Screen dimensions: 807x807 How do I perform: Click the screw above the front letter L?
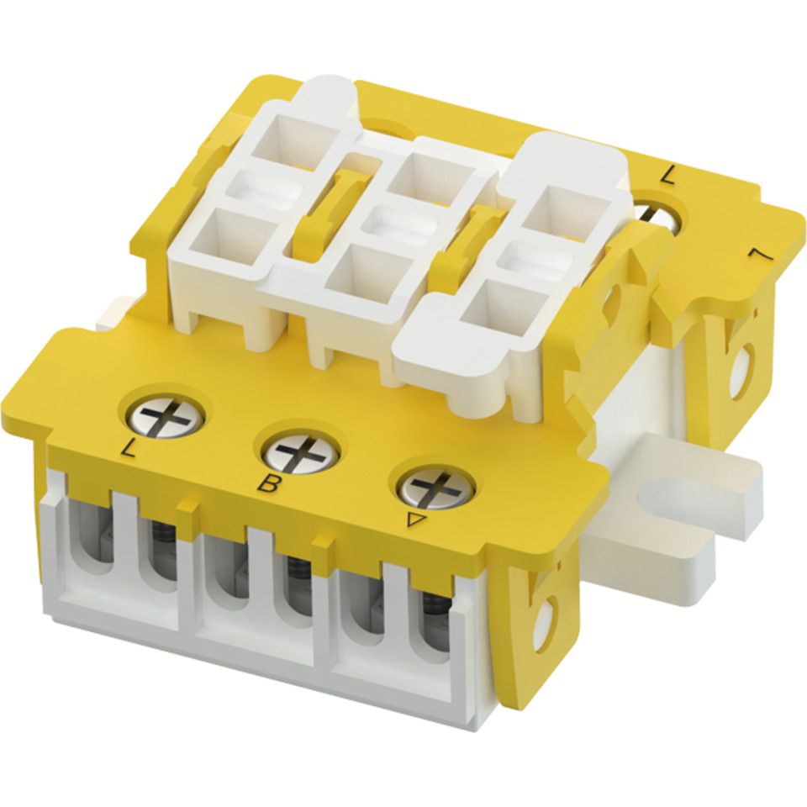tap(162, 416)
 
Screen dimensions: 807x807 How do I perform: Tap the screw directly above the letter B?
tap(300, 451)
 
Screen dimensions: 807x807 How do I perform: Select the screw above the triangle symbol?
tap(436, 487)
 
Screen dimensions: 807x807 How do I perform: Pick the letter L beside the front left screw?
tap(127, 448)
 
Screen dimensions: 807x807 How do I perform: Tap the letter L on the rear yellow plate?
tap(667, 175)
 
